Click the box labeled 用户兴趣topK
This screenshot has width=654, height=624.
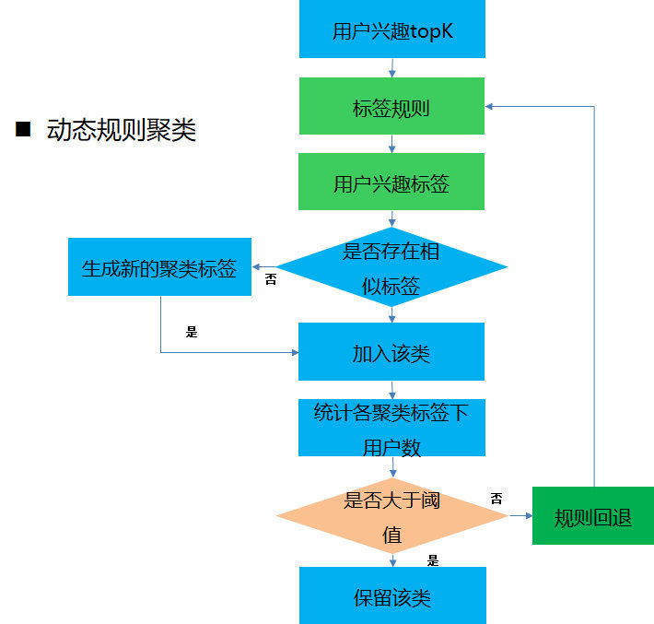pyautogui.click(x=391, y=30)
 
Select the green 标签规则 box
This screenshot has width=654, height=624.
pyautogui.click(x=391, y=108)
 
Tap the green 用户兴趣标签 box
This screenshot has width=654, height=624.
pyautogui.click(x=391, y=182)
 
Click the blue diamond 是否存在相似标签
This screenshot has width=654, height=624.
pyautogui.click(x=391, y=267)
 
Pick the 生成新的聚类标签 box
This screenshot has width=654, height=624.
pyautogui.click(x=159, y=268)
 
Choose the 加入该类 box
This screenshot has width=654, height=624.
pyautogui.click(x=391, y=352)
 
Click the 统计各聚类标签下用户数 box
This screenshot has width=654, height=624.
pyautogui.click(x=391, y=429)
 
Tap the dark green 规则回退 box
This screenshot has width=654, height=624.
pyautogui.click(x=593, y=516)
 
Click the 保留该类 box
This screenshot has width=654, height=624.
pyautogui.click(x=391, y=596)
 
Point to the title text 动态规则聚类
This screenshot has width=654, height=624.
pyautogui.click(x=122, y=130)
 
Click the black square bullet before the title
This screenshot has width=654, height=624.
pyautogui.click(x=24, y=129)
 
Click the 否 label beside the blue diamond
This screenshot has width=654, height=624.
pyautogui.click(x=271, y=278)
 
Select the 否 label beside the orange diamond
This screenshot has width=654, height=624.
pyautogui.click(x=496, y=499)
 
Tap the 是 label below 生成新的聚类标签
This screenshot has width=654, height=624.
pyautogui.click(x=192, y=332)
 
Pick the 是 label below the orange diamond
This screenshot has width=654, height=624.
pyautogui.click(x=433, y=559)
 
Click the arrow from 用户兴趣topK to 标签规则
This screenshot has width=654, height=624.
pyautogui.click(x=392, y=67)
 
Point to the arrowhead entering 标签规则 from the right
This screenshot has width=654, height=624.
pyautogui.click(x=492, y=106)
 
